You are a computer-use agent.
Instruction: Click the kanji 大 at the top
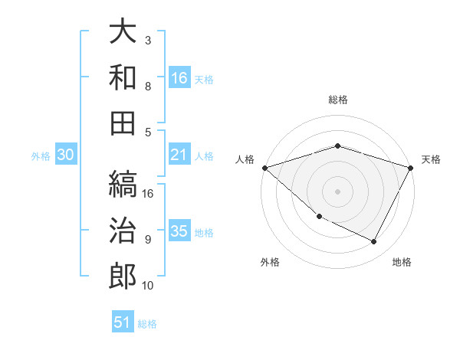click(122, 32)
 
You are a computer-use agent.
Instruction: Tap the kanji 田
click(122, 122)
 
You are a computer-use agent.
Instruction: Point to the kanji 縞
click(122, 185)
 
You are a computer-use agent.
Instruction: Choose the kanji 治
click(122, 231)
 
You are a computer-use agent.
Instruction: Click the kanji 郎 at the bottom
click(122, 277)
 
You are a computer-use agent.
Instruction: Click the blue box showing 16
click(179, 78)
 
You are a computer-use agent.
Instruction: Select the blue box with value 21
click(179, 155)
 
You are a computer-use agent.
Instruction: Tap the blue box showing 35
click(179, 232)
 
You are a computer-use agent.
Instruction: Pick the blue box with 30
click(66, 155)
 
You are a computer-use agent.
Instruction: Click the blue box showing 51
click(123, 322)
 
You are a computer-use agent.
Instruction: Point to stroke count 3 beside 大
click(148, 40)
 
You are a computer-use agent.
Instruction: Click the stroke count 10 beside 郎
click(148, 286)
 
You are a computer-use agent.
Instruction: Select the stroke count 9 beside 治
click(148, 240)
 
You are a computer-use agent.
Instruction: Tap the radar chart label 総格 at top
click(337, 100)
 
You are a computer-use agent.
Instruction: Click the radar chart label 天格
click(431, 159)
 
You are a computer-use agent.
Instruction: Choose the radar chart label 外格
click(270, 263)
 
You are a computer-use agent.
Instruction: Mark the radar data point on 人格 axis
click(264, 168)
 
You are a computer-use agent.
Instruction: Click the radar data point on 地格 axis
click(374, 242)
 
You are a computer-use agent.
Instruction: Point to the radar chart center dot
click(337, 191)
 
